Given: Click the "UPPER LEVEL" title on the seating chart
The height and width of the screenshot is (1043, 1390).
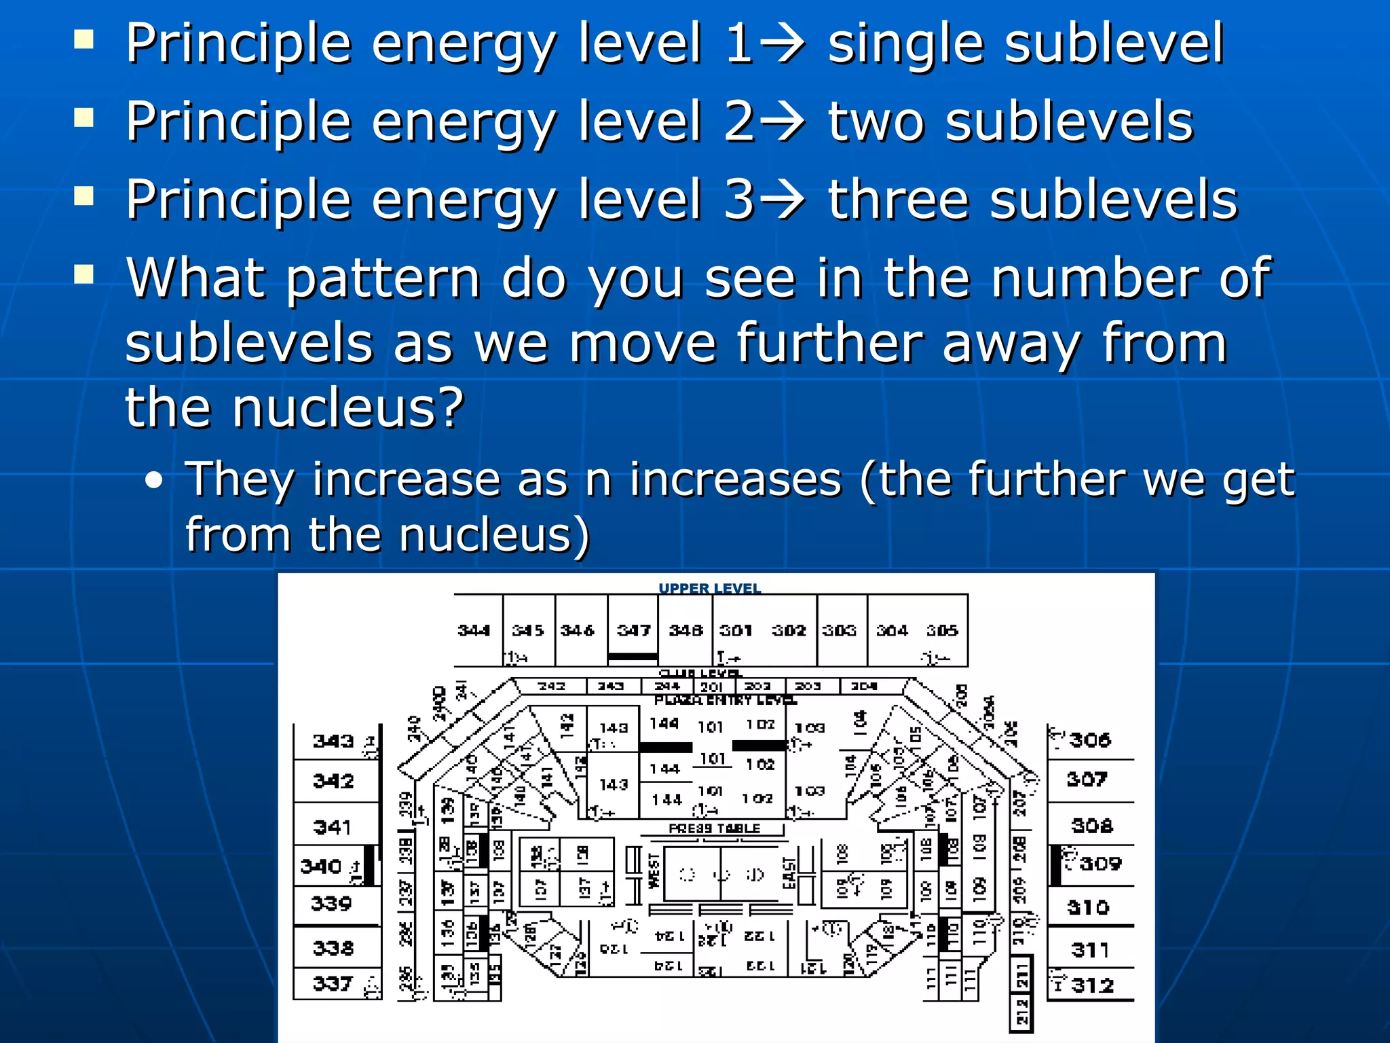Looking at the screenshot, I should [709, 588].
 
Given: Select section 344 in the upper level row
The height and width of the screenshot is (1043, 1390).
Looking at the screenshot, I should [474, 631].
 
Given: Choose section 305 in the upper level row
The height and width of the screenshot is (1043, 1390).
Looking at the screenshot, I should [942, 631].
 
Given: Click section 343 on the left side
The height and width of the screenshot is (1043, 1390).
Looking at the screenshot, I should [333, 741].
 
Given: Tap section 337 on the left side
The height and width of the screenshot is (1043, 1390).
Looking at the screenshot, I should [333, 983].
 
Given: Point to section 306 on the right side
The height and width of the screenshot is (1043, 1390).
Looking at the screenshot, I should [1090, 739].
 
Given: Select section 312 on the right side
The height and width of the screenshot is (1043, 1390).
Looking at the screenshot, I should [1093, 985].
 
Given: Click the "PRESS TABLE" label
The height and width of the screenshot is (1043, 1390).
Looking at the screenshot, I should [714, 828].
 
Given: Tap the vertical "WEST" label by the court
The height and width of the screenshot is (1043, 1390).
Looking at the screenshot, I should [654, 871].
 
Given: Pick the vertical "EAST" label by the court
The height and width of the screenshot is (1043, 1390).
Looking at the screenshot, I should [789, 873].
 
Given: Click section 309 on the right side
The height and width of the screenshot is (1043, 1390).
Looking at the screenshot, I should [1100, 864].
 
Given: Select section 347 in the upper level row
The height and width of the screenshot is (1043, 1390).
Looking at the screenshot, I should [633, 631].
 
